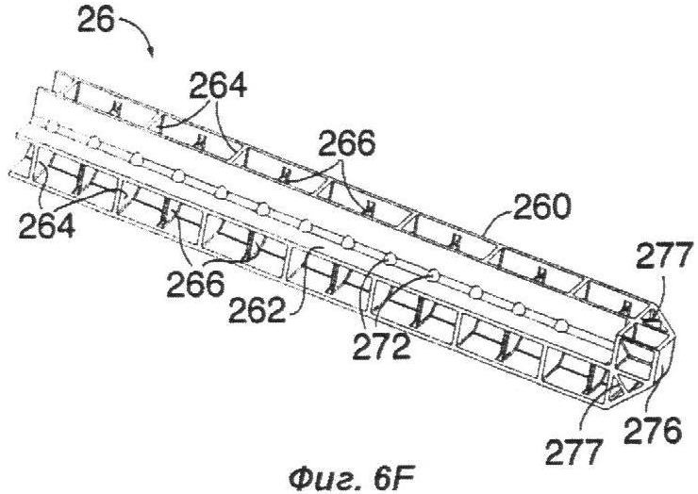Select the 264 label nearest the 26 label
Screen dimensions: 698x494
click(x=218, y=86)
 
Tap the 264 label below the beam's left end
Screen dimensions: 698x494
click(x=47, y=224)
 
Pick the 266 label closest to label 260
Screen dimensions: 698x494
click(x=346, y=143)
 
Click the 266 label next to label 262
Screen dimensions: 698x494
click(x=196, y=284)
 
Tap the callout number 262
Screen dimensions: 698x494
click(x=257, y=310)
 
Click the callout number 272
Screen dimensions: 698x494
click(x=381, y=346)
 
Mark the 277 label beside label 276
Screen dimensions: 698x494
click(x=574, y=452)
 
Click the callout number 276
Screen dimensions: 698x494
click(x=653, y=430)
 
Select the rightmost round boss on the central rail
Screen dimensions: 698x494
click(x=562, y=326)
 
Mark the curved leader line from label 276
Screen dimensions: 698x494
click(x=657, y=388)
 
